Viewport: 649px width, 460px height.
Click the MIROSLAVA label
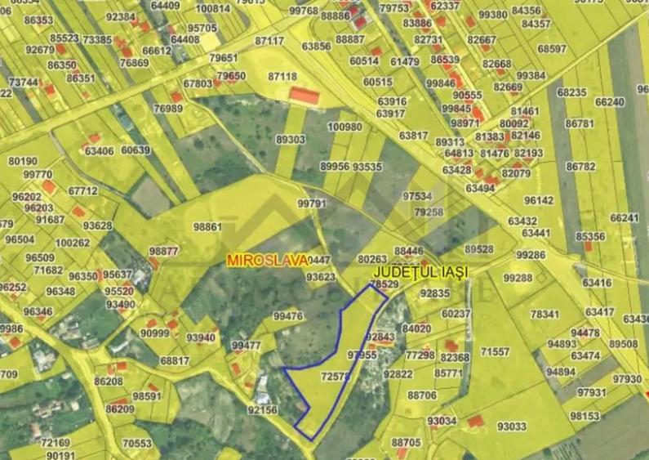click(268, 259)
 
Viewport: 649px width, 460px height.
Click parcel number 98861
click(207, 226)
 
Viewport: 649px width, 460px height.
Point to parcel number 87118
click(282, 76)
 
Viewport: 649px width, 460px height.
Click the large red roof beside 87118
click(304, 96)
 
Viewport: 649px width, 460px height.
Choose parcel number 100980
click(345, 127)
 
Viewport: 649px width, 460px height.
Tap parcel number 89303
click(290, 140)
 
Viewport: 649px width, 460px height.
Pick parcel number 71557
click(495, 351)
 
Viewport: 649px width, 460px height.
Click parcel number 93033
click(511, 426)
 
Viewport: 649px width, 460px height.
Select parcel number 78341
click(545, 315)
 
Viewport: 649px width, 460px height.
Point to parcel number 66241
click(625, 218)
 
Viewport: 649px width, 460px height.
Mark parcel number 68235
click(571, 93)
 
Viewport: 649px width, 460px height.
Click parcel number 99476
click(287, 316)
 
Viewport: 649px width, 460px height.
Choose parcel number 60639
click(136, 150)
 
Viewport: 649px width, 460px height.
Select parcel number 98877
click(163, 251)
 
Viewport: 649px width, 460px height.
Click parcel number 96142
click(539, 200)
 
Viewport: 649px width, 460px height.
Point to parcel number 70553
click(137, 444)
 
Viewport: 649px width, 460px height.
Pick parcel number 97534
click(417, 196)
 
